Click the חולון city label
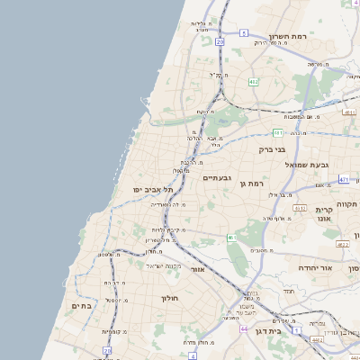(x=170, y=297)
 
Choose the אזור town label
(x=199, y=269)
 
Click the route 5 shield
(x=243, y=33)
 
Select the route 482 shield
(x=254, y=82)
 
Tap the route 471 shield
(x=344, y=180)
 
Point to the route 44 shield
(x=244, y=328)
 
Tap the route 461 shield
(x=230, y=238)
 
